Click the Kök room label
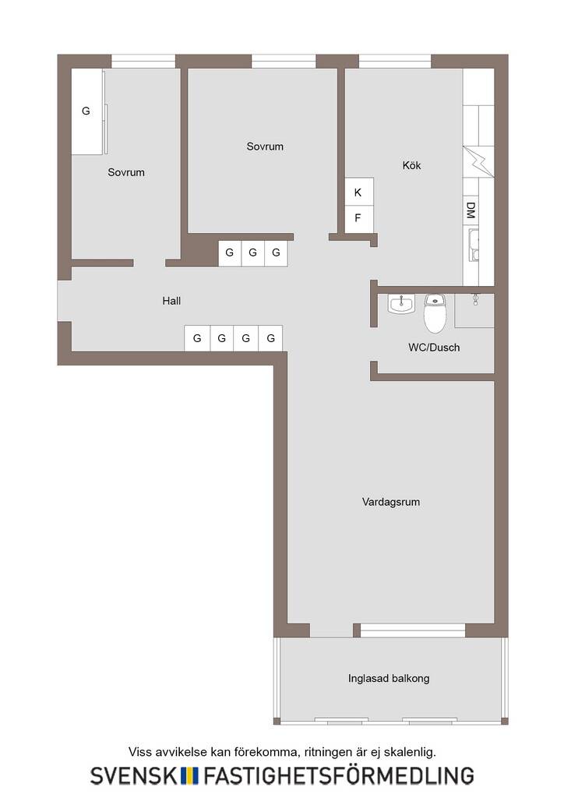tap(411, 165)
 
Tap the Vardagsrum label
tap(390, 502)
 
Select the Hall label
tap(171, 301)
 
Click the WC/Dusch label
tap(434, 348)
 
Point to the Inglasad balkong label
tap(389, 679)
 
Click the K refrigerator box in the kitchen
tap(359, 192)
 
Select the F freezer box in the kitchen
tap(359, 219)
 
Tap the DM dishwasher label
tap(471, 210)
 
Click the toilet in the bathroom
tap(435, 312)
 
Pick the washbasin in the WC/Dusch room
tap(401, 305)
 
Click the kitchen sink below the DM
tap(474, 245)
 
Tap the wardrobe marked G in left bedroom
tap(87, 111)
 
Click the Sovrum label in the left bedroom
tap(126, 172)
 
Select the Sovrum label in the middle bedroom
tap(265, 147)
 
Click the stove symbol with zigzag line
tap(478, 162)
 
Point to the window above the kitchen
tap(395, 62)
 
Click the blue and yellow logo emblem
tap(189, 775)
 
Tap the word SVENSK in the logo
tap(134, 775)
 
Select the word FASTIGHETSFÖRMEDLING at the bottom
tap(339, 775)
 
